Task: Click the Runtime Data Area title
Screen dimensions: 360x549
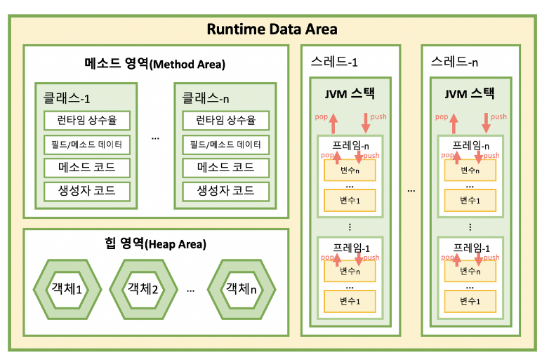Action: pos(272,29)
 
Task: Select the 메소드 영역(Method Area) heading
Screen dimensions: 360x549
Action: pos(155,64)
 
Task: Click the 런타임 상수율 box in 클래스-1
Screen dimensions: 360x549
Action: pos(88,120)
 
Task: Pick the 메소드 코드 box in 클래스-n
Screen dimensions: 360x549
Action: pos(225,168)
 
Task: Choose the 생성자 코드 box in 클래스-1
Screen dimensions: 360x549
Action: pos(88,190)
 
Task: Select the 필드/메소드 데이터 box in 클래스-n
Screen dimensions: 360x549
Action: pos(225,145)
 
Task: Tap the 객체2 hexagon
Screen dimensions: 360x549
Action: pos(143,288)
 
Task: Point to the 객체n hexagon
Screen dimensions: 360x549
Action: pos(239,288)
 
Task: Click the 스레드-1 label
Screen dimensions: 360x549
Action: pos(334,62)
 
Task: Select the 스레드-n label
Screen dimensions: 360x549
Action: pos(455,62)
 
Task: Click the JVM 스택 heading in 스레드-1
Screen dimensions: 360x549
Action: pos(350,94)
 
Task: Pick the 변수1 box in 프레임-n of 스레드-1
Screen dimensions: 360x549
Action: pos(350,201)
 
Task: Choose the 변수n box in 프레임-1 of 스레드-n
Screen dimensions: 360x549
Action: pos(470,270)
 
